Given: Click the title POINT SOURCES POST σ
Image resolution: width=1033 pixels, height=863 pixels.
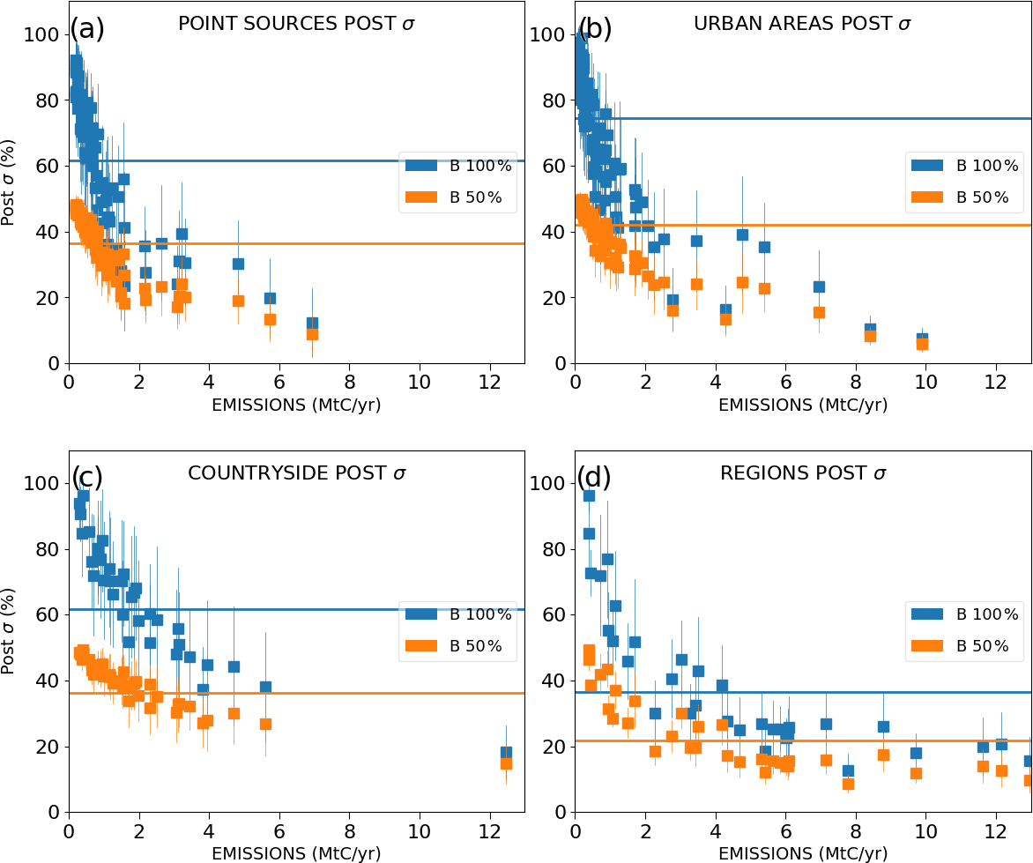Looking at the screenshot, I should tap(296, 24).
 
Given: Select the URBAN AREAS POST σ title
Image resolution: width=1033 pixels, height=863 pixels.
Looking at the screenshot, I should tap(802, 24).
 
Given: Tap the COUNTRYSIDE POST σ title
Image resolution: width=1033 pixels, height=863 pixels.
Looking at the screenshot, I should tap(296, 473).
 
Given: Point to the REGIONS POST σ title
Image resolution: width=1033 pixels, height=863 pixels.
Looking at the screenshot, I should tap(802, 473).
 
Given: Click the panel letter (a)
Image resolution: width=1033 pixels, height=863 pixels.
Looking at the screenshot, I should tap(87, 29).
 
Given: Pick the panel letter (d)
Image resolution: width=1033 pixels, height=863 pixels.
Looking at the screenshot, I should tap(593, 478).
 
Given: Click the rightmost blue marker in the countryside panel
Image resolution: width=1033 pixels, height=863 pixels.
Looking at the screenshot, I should tap(506, 753).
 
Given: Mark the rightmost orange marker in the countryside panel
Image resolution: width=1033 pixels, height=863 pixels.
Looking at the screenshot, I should tap(506, 763).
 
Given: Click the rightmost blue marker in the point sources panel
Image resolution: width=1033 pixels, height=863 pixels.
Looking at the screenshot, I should tap(312, 324).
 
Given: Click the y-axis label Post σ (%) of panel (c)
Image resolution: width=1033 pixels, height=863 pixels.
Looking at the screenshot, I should tap(8, 629).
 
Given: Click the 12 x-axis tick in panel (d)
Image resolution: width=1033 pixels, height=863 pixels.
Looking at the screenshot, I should tap(996, 830).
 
